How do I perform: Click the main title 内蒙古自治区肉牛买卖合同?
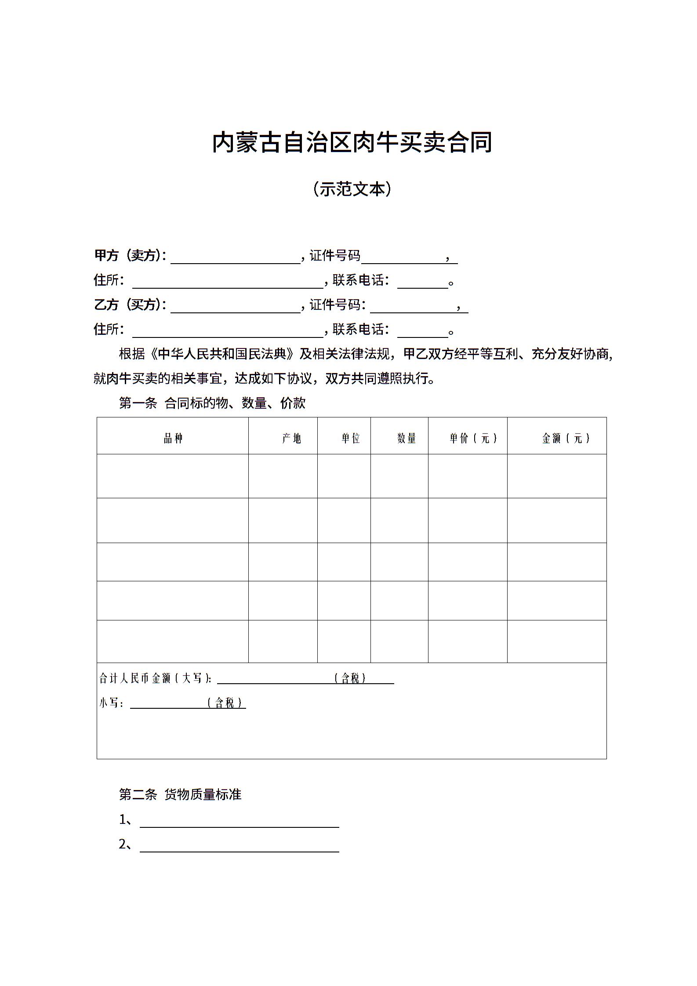[x=352, y=142]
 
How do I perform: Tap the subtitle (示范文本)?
[x=352, y=189]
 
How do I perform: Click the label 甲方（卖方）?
[x=130, y=256]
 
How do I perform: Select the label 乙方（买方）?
[x=130, y=305]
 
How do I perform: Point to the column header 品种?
[x=173, y=438]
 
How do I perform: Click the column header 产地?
[x=291, y=438]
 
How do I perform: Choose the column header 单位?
[x=351, y=438]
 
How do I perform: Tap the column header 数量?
[x=407, y=438]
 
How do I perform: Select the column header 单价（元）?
[x=473, y=438]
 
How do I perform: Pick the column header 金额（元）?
[x=566, y=438]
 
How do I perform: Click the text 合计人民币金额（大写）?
[x=155, y=678]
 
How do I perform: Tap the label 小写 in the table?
[x=109, y=703]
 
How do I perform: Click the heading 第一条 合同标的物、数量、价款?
[x=212, y=403]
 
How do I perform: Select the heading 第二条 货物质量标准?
[x=180, y=794]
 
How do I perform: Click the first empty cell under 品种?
[x=173, y=476]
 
